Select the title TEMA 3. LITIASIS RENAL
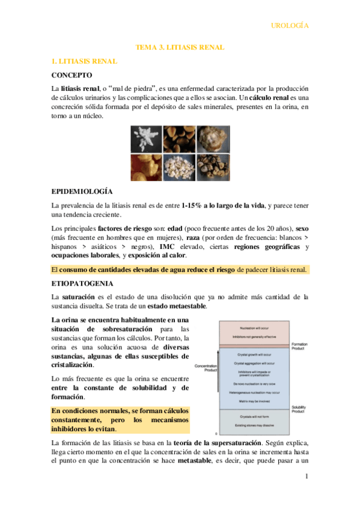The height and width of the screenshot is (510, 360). (180, 47)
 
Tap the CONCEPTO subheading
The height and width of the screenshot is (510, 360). (72, 75)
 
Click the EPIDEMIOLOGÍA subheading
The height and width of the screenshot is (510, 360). (82, 191)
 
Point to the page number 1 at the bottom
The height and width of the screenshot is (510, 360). (307, 477)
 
